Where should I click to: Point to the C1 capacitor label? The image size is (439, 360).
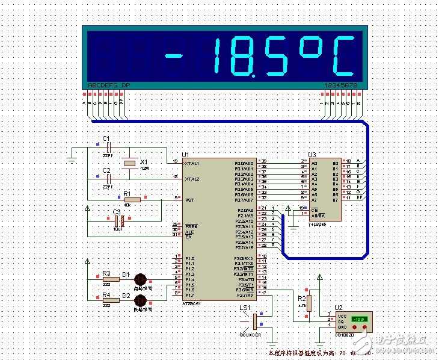pyautogui.click(x=106, y=139)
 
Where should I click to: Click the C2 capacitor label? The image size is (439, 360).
pyautogui.click(x=106, y=171)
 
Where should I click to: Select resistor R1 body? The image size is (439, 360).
pyautogui.click(x=132, y=200)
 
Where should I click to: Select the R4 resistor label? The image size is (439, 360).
pyautogui.click(x=106, y=296)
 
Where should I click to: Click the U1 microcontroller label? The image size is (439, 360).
pyautogui.click(x=185, y=155)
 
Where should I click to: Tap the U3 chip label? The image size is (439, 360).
pyautogui.click(x=312, y=155)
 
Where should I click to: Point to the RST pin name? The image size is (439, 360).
pyautogui.click(x=189, y=199)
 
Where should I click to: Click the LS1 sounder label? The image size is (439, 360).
pyautogui.click(x=245, y=308)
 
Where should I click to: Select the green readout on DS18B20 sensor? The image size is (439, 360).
pyautogui.click(x=360, y=318)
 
